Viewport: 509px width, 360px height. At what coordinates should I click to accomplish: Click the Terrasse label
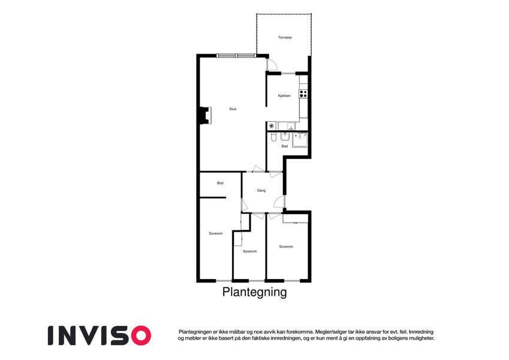tap(285, 37)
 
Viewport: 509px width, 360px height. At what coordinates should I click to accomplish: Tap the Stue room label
tap(233, 109)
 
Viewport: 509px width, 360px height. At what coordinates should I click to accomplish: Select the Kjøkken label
tap(284, 96)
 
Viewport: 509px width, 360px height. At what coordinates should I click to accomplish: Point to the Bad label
tap(285, 146)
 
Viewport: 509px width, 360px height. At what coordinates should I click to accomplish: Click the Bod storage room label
tap(220, 183)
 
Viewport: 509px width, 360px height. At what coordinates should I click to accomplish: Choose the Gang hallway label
tap(261, 191)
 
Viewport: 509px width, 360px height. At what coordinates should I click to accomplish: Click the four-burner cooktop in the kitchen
tap(303, 94)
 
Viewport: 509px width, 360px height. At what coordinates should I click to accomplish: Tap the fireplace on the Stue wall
tap(206, 115)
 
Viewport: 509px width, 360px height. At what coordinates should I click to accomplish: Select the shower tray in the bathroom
tap(300, 140)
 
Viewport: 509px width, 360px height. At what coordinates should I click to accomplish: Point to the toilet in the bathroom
tap(273, 138)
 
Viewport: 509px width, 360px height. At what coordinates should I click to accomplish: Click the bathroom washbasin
tap(285, 137)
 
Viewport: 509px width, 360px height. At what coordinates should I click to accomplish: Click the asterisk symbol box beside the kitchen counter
tap(272, 126)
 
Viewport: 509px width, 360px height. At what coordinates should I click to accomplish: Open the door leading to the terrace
tap(272, 64)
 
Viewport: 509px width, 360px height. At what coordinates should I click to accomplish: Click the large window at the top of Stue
tap(236, 56)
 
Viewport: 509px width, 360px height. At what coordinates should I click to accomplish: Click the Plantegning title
tap(254, 292)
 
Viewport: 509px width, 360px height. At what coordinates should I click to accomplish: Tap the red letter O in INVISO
tap(141, 335)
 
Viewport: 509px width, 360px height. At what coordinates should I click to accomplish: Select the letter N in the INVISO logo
tap(68, 335)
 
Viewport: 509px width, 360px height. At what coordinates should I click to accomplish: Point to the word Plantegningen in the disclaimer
tap(195, 332)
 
